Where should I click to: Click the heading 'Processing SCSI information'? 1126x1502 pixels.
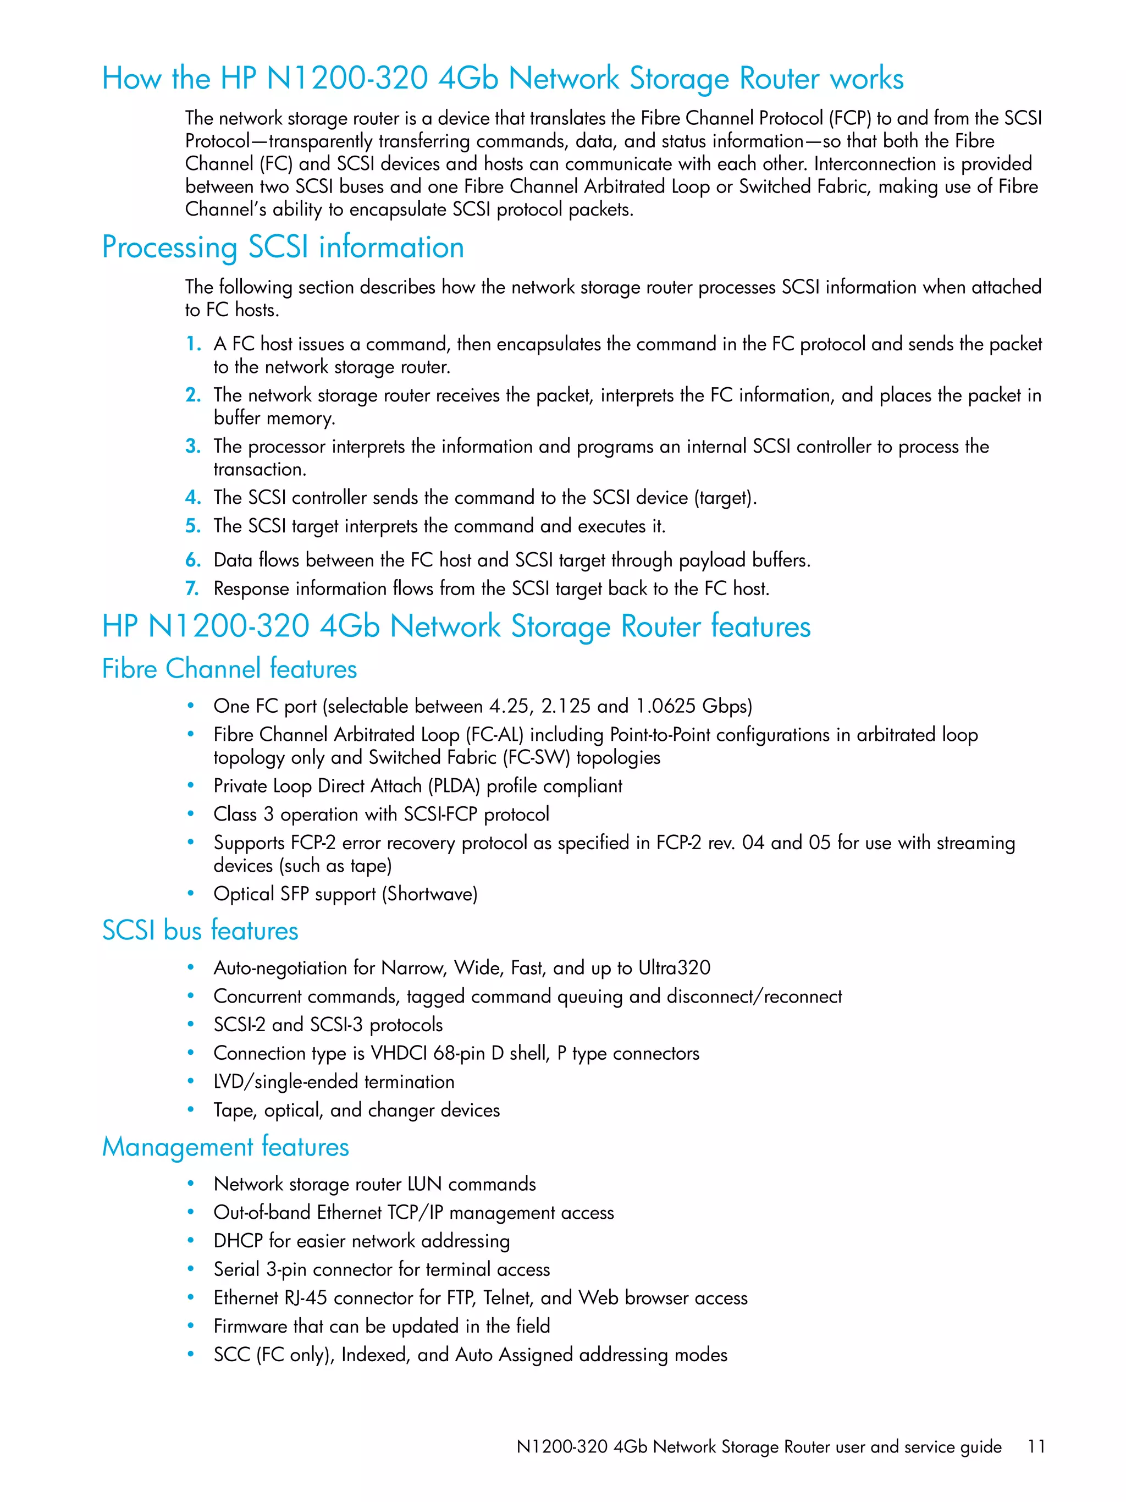point(283,247)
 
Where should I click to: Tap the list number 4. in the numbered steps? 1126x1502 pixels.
point(193,498)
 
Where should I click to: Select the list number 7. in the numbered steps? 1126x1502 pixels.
point(193,588)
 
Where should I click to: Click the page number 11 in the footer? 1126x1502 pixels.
point(1035,1446)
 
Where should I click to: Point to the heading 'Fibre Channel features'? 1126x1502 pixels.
point(229,669)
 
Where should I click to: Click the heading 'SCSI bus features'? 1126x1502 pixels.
point(200,930)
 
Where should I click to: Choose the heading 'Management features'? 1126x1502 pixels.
point(225,1147)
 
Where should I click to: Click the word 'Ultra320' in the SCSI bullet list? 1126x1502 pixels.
point(674,967)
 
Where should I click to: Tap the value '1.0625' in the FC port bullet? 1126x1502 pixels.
point(665,706)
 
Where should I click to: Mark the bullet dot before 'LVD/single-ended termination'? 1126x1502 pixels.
point(191,1081)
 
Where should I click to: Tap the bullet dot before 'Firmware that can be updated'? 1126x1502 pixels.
point(191,1325)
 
